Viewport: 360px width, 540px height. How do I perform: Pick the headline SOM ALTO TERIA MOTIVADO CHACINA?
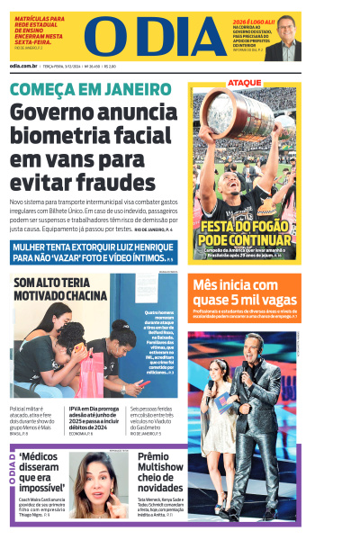coord(59,290)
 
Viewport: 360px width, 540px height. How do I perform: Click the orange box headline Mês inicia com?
coord(244,292)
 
